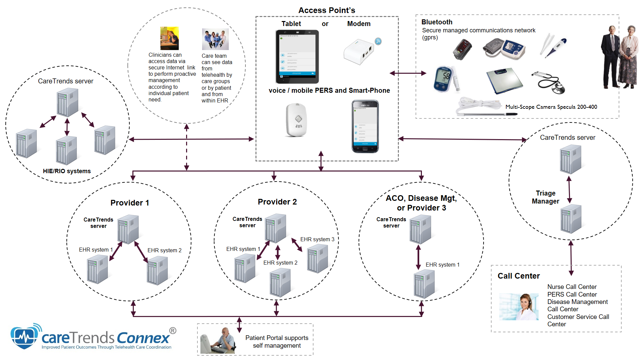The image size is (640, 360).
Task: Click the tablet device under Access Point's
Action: pyautogui.click(x=297, y=57)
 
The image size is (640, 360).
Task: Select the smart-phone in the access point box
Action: pyautogui.click(x=365, y=126)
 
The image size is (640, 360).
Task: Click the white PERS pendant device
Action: pyautogui.click(x=296, y=120)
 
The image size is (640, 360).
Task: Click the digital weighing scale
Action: pyautogui.click(x=504, y=80)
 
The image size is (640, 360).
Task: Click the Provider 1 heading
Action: pyautogui.click(x=130, y=203)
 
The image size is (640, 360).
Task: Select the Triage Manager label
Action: pyautogui.click(x=545, y=197)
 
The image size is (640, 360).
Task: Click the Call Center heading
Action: pyautogui.click(x=518, y=276)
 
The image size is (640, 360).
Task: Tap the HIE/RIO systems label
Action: pyautogui.click(x=67, y=171)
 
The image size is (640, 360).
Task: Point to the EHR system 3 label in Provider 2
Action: pyautogui.click(x=317, y=239)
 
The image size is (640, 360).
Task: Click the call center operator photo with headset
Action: pyautogui.click(x=519, y=307)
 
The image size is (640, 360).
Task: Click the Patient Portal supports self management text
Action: pyautogui.click(x=276, y=342)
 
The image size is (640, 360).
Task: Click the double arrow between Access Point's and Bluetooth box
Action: pyautogui.click(x=408, y=73)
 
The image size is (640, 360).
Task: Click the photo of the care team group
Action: pyautogui.click(x=215, y=39)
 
